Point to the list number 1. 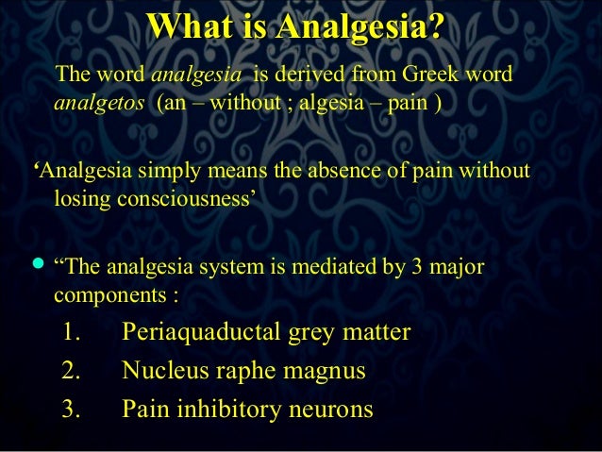coord(72,333)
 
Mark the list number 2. coord(72,371)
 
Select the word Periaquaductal coord(194,333)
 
